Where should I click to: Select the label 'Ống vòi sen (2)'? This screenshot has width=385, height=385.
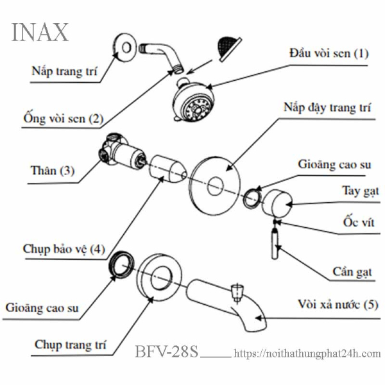(61, 119)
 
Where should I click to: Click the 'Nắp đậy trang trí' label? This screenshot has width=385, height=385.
(327, 110)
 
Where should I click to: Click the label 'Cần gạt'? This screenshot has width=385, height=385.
(351, 273)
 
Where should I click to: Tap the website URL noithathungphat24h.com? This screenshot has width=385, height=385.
(307, 354)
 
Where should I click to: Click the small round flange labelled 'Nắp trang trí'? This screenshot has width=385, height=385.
(123, 46)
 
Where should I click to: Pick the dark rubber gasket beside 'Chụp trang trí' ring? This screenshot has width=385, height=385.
(121, 264)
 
